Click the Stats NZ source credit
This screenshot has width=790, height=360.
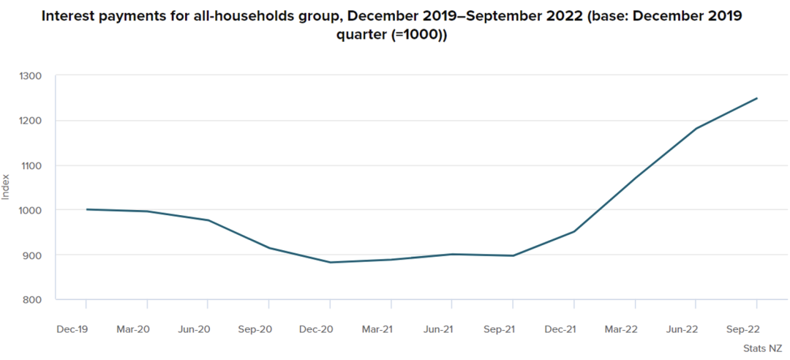tap(763, 348)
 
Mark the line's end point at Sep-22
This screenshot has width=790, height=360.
tap(757, 98)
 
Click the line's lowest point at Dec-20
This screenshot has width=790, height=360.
tap(330, 262)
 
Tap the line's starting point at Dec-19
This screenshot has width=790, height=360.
tap(86, 209)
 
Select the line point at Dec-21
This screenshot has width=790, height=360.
tap(574, 231)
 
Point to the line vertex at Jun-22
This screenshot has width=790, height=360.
tap(696, 129)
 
